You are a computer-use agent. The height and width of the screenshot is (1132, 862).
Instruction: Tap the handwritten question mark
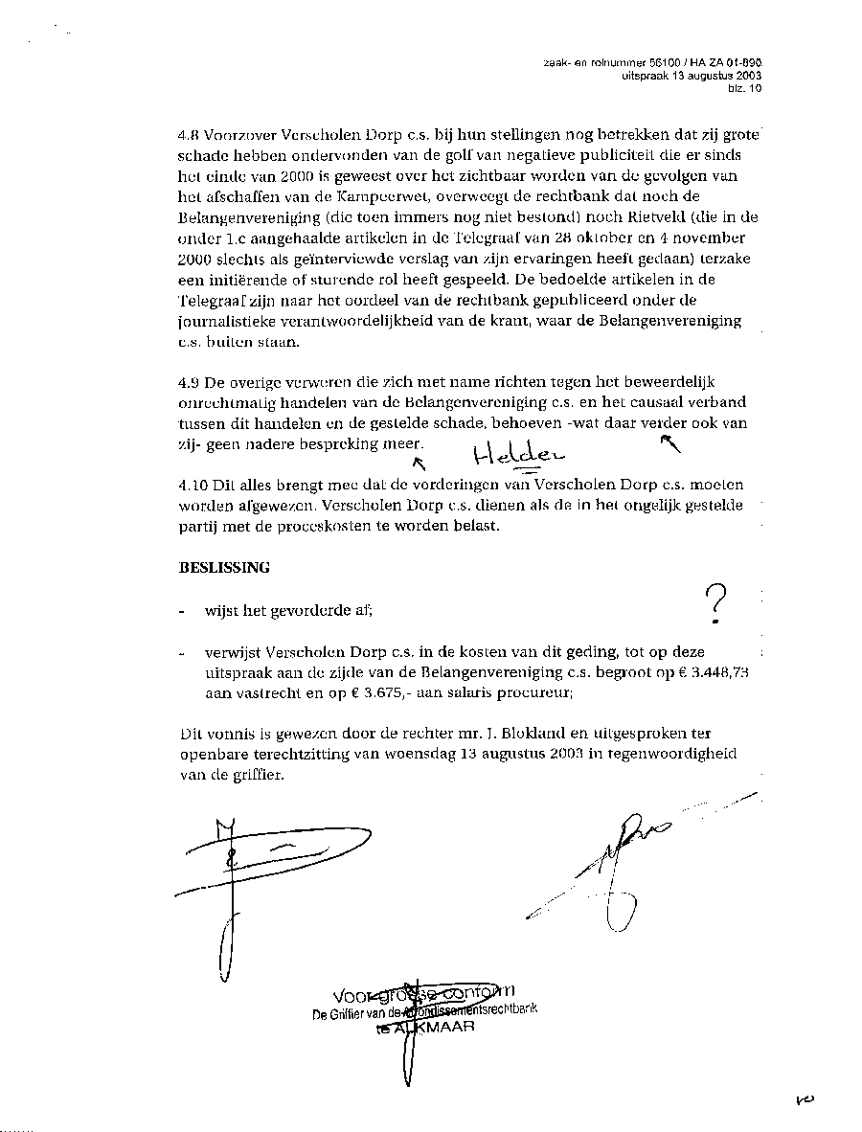715,606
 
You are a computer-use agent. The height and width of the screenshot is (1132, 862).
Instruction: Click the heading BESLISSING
224,567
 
